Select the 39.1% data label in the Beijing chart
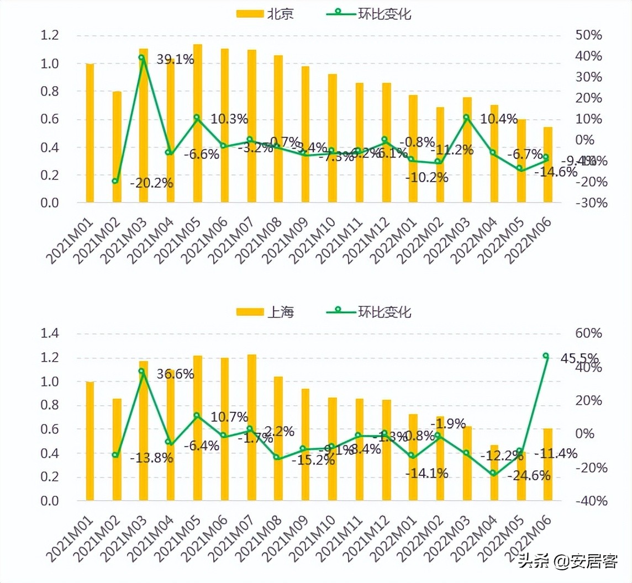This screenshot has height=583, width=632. coord(175,60)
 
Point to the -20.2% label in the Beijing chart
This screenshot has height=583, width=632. coord(151,183)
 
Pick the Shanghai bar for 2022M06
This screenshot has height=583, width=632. coord(547,464)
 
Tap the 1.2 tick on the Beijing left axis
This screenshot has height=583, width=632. coord(50,36)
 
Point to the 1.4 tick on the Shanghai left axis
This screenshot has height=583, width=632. coord(50,334)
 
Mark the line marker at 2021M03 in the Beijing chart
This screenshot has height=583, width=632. coord(142,57)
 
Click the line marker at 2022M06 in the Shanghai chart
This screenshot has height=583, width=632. coord(546,356)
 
